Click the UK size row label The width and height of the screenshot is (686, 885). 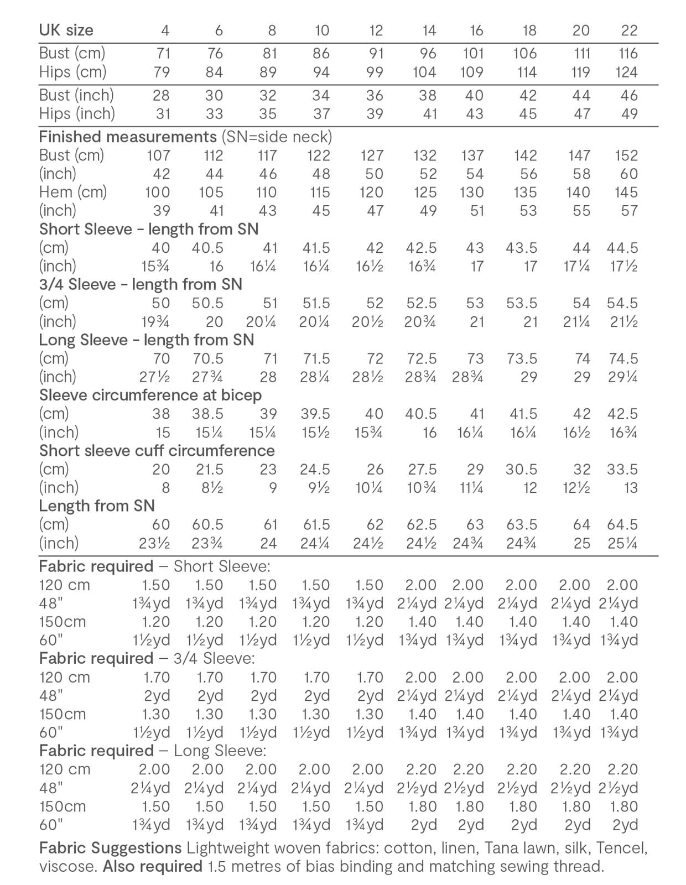click(66, 30)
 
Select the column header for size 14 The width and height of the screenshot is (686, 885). click(429, 30)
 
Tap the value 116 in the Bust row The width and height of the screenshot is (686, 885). click(628, 54)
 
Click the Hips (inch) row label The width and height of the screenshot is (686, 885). click(77, 113)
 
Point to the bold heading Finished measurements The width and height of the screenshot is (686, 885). click(127, 137)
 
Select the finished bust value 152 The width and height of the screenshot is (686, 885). click(626, 155)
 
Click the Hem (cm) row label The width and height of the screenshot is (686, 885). click(72, 192)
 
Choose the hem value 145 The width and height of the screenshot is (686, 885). click(626, 192)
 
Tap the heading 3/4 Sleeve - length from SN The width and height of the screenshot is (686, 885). click(141, 284)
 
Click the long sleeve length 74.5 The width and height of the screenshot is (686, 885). click(623, 358)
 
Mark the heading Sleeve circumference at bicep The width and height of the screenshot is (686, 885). click(150, 395)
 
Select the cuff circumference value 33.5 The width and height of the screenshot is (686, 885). click(623, 469)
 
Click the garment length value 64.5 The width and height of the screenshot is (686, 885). click(623, 524)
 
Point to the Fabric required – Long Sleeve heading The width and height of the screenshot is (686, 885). click(153, 751)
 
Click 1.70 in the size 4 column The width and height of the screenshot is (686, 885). click(156, 677)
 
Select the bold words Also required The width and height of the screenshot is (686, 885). click(152, 866)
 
